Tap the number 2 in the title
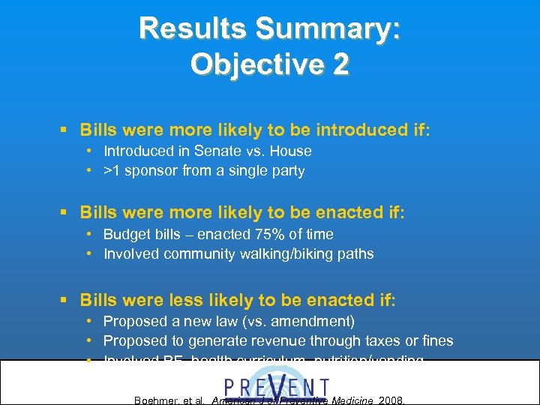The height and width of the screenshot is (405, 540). [340, 64]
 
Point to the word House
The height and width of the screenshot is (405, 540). [292, 151]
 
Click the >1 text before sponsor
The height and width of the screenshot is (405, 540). [113, 170]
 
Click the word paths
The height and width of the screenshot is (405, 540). [355, 253]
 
